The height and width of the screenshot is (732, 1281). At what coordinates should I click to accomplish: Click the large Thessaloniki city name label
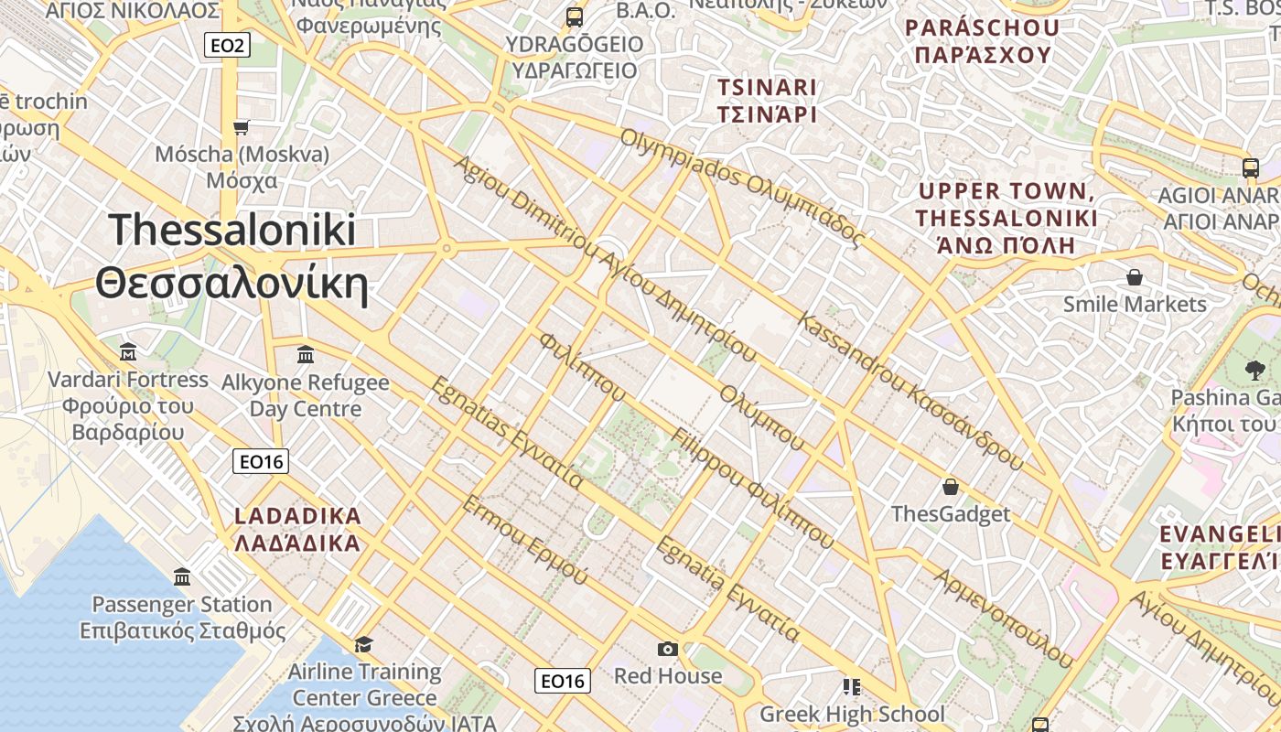point(231,257)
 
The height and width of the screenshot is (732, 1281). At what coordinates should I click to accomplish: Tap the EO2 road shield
point(226,44)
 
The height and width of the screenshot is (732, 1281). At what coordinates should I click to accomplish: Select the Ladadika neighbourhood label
point(298,529)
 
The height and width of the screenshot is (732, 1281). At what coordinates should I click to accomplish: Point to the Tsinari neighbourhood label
point(767,101)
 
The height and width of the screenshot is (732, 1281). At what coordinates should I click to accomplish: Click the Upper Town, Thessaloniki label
point(1006,218)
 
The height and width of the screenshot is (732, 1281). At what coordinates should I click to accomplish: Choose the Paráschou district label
point(983,41)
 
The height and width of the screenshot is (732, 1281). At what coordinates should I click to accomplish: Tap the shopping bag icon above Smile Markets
point(1135,276)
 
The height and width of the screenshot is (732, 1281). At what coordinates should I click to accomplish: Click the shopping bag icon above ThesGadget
point(951,486)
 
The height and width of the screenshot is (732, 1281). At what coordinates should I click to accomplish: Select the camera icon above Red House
point(668,649)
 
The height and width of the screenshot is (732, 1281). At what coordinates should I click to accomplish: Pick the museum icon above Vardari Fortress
point(128,352)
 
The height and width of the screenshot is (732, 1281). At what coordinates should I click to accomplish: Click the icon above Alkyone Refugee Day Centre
point(306,354)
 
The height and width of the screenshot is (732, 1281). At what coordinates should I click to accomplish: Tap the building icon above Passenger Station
point(182,577)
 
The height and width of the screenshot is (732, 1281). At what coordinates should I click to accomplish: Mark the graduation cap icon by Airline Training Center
point(363,644)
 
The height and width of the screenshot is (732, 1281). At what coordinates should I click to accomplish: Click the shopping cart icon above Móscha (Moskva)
point(242,127)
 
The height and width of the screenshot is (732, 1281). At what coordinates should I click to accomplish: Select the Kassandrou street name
point(910,390)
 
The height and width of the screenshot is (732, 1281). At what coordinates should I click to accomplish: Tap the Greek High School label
point(852,714)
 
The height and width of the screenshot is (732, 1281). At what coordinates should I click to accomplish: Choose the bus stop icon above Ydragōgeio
point(575,16)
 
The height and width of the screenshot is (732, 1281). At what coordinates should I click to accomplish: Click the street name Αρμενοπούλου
point(1002,618)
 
